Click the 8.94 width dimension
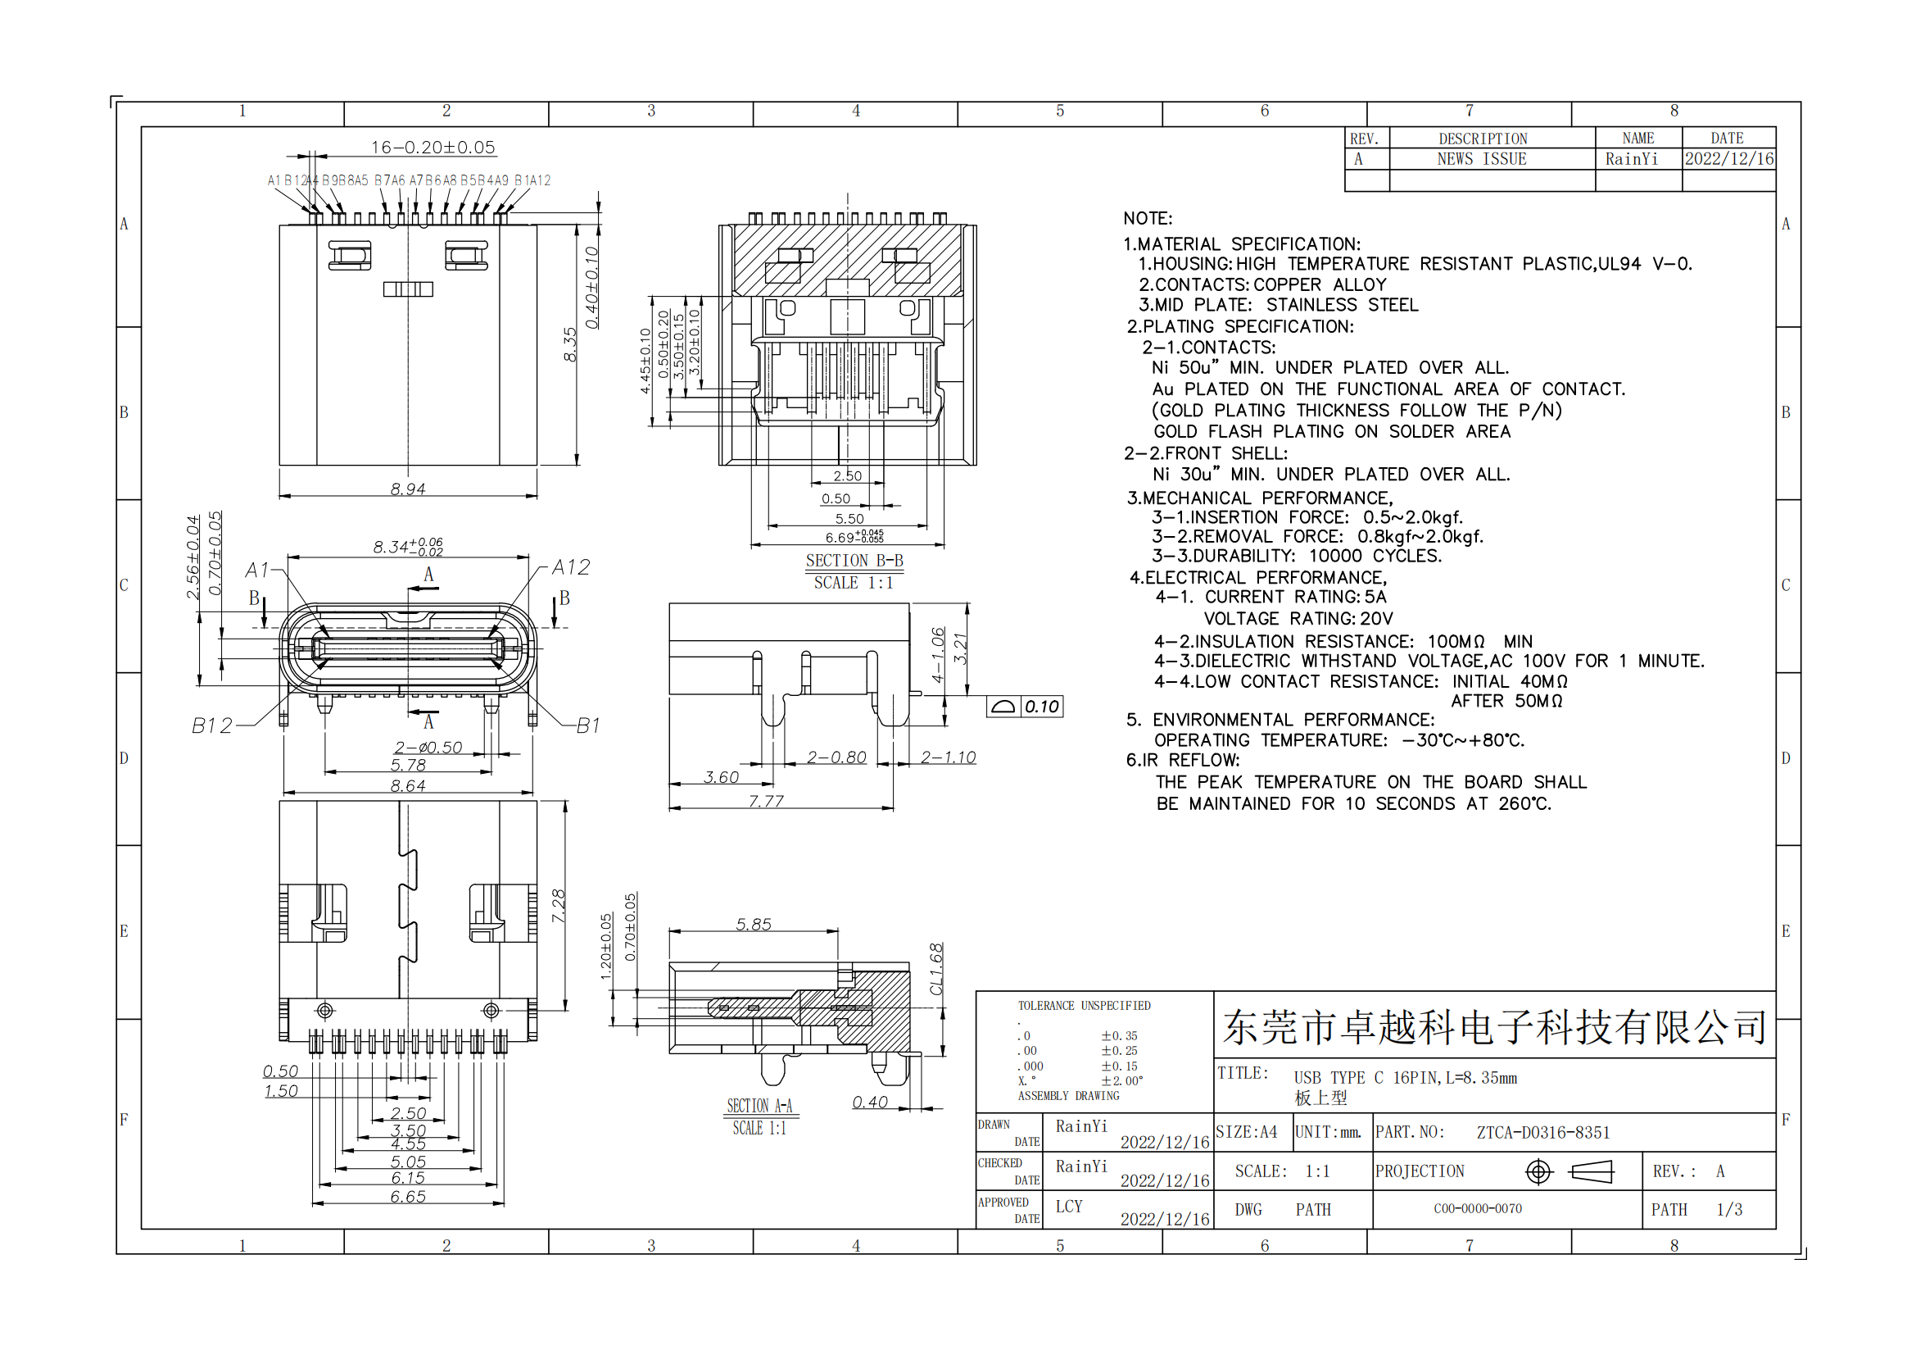408,489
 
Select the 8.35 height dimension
570,344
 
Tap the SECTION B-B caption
854,560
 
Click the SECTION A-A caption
759,1105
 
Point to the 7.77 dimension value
766,801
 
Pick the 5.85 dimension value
754,924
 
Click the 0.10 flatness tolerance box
1025,707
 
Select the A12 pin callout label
572,567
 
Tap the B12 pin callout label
212,725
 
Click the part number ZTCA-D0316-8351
1543,1132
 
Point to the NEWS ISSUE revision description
1481,159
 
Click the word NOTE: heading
1148,218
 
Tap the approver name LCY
1069,1207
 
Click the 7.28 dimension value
559,906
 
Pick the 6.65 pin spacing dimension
408,1196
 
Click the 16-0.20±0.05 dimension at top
433,147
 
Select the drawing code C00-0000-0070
1478,1208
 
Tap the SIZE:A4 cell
1246,1132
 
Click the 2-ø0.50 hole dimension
428,748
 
